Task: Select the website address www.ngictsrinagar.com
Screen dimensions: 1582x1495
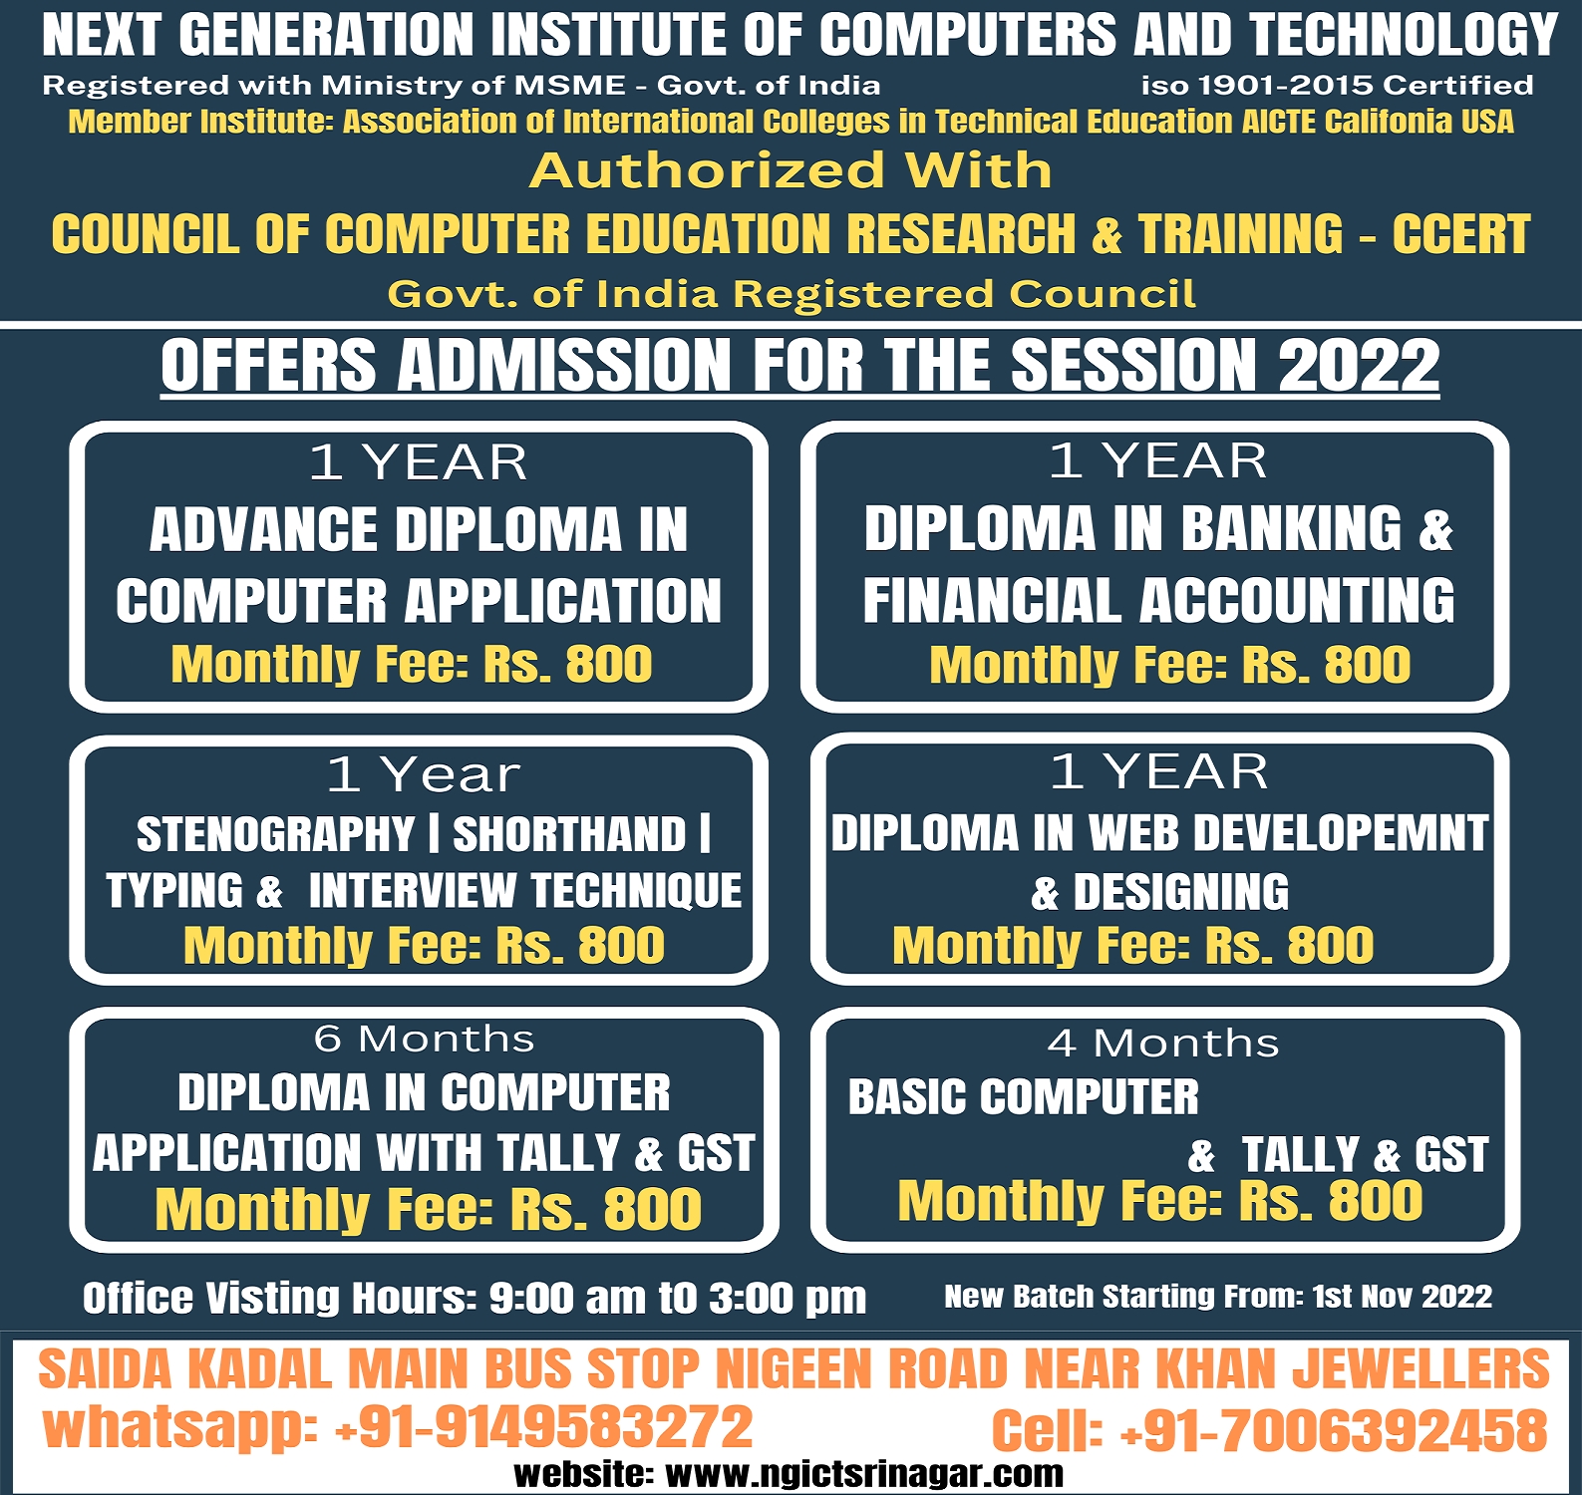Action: point(864,1474)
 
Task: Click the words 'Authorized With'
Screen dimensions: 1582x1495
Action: point(791,170)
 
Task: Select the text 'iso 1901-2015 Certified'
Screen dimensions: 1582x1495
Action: point(1338,86)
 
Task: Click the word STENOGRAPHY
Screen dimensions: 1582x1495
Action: point(275,835)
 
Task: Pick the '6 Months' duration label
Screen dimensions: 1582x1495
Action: point(425,1039)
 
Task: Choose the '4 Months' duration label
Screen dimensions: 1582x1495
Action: point(1163,1044)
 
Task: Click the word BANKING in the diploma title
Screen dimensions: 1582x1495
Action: point(1291,528)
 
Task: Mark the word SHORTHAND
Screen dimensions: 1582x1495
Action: point(570,835)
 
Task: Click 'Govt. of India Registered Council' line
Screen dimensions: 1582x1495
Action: point(791,294)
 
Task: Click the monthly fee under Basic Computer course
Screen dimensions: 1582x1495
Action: point(1160,1201)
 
